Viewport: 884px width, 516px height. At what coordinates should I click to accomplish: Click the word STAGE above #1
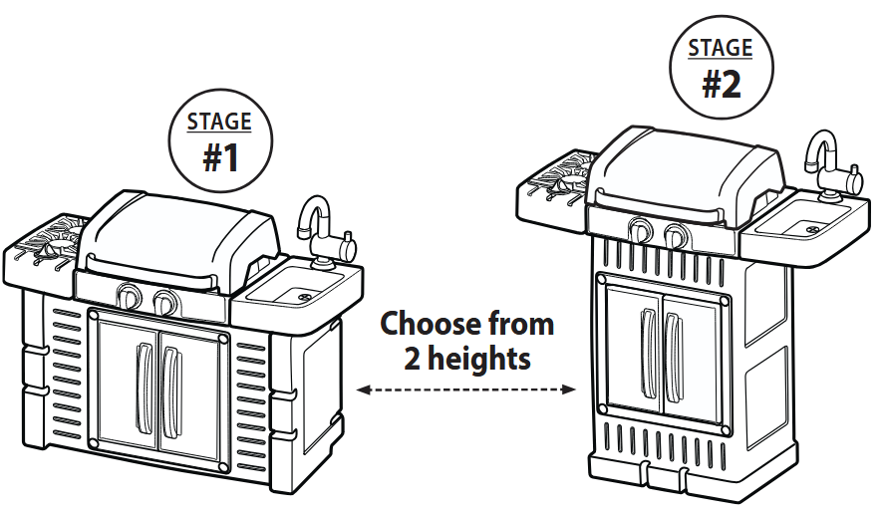[219, 123]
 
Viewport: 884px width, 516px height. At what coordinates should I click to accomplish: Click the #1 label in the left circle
[220, 156]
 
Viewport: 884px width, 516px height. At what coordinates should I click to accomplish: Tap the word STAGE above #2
[721, 48]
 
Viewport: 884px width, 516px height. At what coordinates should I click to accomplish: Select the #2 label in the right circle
[721, 84]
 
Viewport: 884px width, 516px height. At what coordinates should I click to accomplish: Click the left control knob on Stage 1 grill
[129, 296]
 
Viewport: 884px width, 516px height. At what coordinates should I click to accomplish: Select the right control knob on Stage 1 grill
[165, 302]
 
